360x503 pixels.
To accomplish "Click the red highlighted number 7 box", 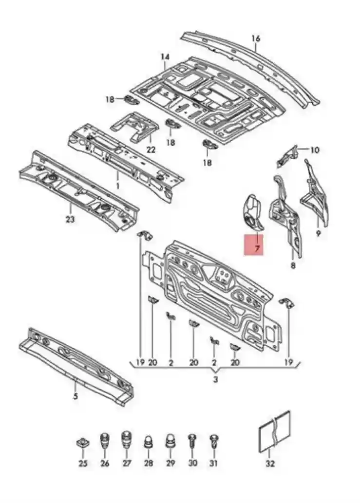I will (253, 244).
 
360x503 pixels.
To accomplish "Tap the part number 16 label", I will (256, 39).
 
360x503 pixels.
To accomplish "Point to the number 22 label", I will (151, 149).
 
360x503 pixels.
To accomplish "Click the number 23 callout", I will (70, 220).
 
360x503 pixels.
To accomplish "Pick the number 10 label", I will (315, 150).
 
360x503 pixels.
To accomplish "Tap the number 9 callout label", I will (319, 233).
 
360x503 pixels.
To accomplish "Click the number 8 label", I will (293, 265).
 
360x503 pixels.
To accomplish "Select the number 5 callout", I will (76, 396).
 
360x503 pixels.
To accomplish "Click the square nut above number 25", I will (83, 444).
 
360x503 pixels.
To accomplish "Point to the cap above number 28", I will (149, 443).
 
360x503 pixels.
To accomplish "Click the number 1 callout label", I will (117, 186).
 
